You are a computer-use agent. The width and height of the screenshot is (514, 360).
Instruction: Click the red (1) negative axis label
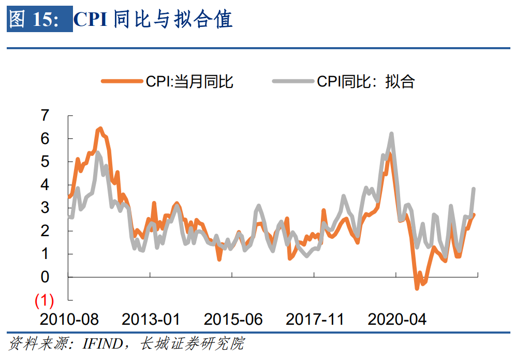pos(44,300)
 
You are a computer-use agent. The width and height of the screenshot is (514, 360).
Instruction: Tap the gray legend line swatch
pos(293,81)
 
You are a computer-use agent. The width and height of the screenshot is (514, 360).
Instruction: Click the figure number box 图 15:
pos(39,19)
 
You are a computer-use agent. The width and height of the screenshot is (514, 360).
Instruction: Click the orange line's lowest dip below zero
pos(417,288)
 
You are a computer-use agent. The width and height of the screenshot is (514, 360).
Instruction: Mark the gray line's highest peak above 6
pos(391,134)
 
